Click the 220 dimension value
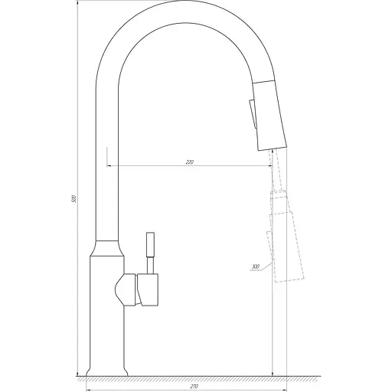[x=190, y=162]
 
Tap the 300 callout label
[x=254, y=266]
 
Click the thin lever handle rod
[x=150, y=250]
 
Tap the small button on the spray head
[x=250, y=114]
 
